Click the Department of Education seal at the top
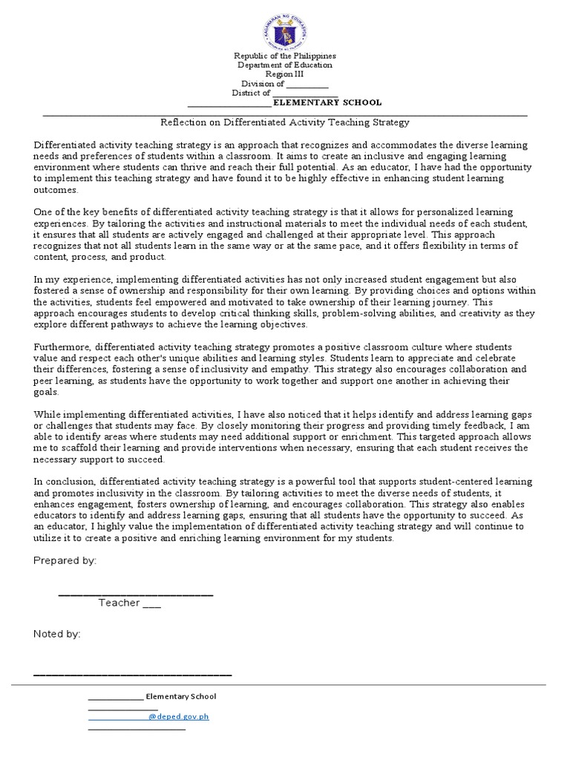pyautogui.click(x=284, y=28)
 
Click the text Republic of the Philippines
pyautogui.click(x=285, y=56)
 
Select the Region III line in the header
pyautogui.click(x=285, y=74)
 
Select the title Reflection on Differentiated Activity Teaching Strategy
pyautogui.click(x=285, y=122)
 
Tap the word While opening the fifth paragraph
pyautogui.click(x=47, y=415)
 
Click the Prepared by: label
pyautogui.click(x=65, y=560)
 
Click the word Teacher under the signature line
pyautogui.click(x=119, y=603)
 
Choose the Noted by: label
pyautogui.click(x=57, y=634)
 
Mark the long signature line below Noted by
pyautogui.click(x=133, y=674)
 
